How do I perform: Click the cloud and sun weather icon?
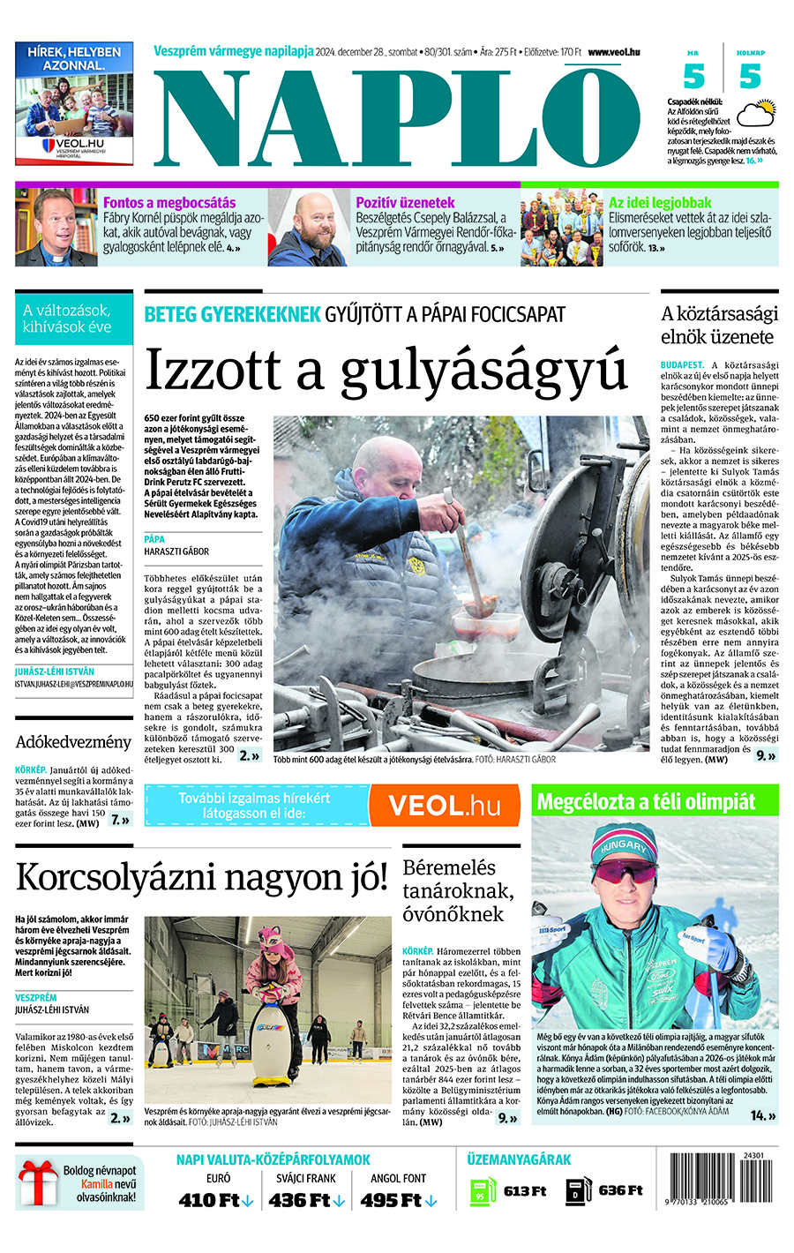[756, 114]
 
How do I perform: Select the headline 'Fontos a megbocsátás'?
[169, 203]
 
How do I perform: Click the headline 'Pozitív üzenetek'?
[405, 203]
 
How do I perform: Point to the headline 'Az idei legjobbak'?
[660, 203]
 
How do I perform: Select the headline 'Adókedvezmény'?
[73, 742]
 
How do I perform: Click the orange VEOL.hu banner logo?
[445, 805]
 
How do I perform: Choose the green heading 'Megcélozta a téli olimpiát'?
[646, 801]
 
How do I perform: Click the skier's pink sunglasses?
[627, 873]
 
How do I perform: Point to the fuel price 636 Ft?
[620, 1190]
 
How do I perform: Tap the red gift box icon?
[38, 1184]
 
